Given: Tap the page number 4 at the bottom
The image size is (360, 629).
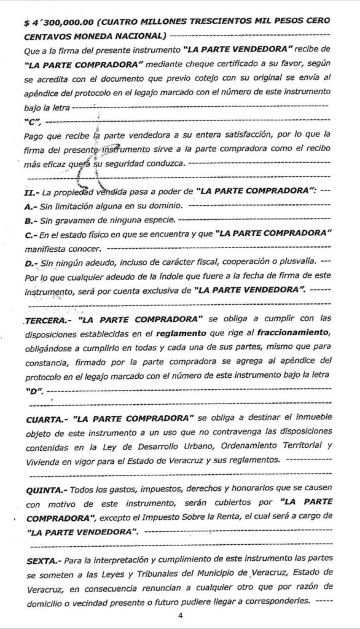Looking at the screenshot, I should point(179,615).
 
